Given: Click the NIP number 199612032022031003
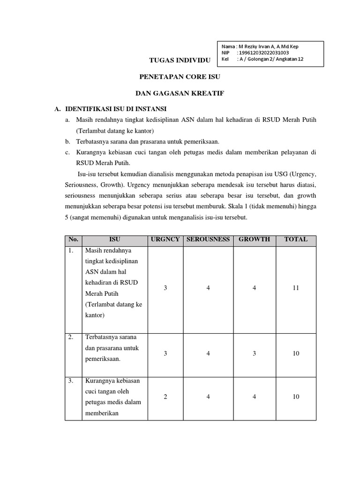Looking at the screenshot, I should coord(262,53).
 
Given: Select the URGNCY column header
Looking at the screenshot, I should coord(165,239).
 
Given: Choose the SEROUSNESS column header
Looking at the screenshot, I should coord(208,239).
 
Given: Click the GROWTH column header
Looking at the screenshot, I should coord(254,239).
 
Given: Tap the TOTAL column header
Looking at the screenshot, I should coord(296,239).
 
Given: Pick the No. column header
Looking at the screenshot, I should coord(73,239).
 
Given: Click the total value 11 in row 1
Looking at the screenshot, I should coord(296,288).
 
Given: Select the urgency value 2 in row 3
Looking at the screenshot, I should coord(165,397).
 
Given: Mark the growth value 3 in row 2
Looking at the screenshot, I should coord(254,353).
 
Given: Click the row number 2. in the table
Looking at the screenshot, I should coord(71,337).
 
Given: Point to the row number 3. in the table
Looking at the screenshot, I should coord(71,381).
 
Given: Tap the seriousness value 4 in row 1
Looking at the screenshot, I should coord(208,288).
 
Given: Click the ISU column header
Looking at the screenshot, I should coord(115,239).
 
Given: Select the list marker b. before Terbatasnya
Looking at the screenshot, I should coord(68,142).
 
